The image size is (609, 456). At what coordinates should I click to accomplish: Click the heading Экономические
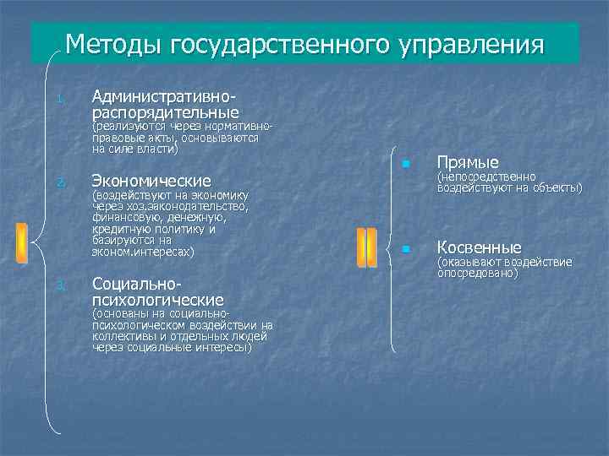(151, 181)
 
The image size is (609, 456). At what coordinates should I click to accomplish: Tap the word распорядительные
(166, 111)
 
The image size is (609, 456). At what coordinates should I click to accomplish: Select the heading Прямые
(468, 162)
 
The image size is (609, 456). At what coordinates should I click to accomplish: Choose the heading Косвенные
(479, 247)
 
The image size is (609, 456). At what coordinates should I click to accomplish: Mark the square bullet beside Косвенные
(407, 249)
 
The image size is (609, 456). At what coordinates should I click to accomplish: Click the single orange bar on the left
(21, 243)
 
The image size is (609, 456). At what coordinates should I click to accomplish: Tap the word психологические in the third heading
(158, 300)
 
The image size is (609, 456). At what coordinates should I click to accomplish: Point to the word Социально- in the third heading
(135, 284)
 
